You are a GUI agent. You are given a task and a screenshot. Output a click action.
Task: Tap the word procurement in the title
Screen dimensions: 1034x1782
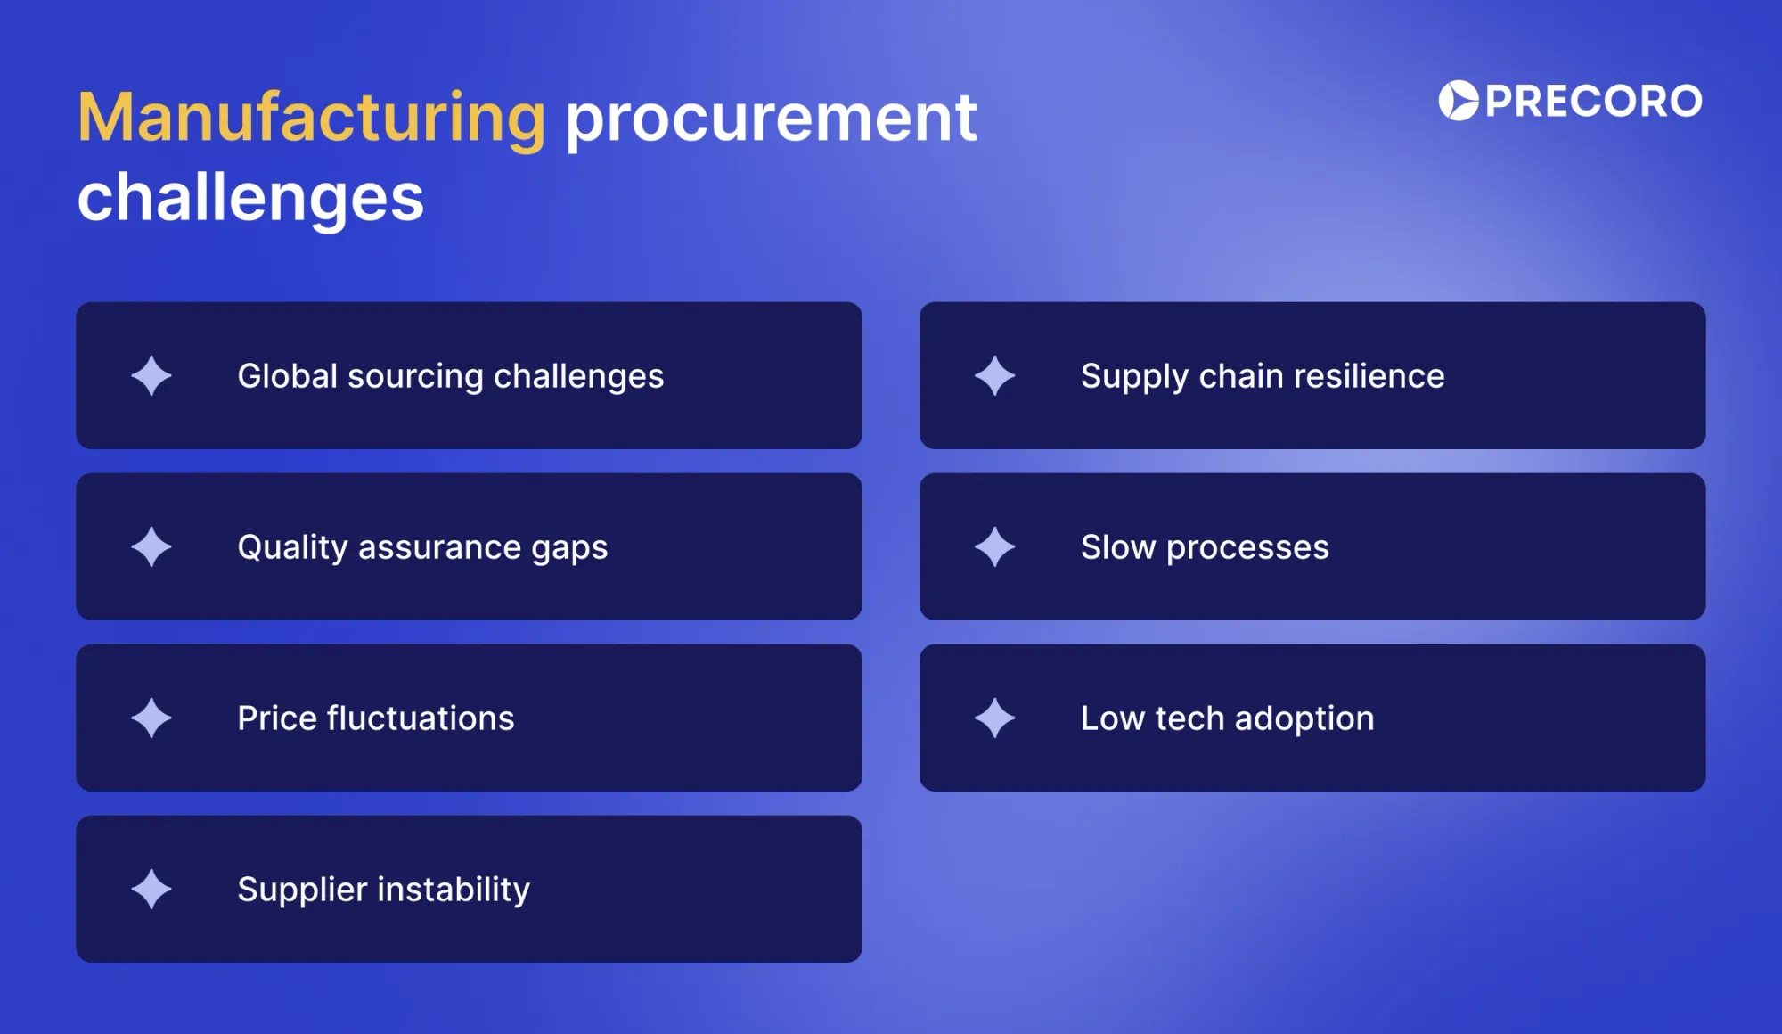pyautogui.click(x=771, y=119)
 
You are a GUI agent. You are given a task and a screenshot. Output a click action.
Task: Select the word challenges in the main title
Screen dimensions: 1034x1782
pyautogui.click(x=250, y=198)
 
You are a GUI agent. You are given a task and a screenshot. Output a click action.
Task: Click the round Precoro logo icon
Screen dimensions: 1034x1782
pyautogui.click(x=1459, y=101)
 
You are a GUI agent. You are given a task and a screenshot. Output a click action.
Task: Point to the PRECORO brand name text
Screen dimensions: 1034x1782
pyautogui.click(x=1594, y=101)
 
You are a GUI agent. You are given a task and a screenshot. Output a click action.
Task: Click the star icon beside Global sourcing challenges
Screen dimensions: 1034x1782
pyautogui.click(x=151, y=375)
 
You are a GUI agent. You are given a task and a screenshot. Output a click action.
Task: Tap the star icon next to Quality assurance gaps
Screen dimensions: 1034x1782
pyautogui.click(x=151, y=546)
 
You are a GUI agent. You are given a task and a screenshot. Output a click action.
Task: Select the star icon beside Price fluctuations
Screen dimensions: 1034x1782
pyautogui.click(x=151, y=718)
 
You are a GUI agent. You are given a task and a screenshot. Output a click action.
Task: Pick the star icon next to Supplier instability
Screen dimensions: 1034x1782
pyautogui.click(x=151, y=889)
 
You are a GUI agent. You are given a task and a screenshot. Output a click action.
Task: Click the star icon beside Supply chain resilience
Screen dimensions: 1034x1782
pyautogui.click(x=994, y=375)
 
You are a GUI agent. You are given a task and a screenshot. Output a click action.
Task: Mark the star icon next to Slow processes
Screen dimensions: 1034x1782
pyautogui.click(x=994, y=546)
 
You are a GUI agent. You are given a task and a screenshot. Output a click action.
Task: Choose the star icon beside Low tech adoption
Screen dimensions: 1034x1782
pyautogui.click(x=994, y=718)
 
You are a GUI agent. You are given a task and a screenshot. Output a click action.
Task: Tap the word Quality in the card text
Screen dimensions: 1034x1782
pyautogui.click(x=291, y=548)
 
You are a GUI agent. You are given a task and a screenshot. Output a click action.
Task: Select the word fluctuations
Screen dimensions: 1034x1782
pyautogui.click(x=421, y=718)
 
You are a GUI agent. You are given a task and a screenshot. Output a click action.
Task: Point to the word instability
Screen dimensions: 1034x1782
pyautogui.click(x=454, y=890)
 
